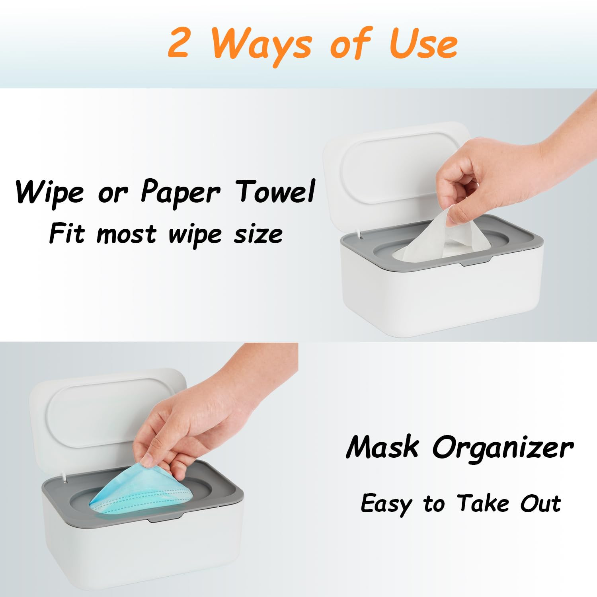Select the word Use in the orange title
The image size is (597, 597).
[x=423, y=44]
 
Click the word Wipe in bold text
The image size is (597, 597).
[x=50, y=192]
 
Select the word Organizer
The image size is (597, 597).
[x=503, y=448]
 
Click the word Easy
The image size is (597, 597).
[x=386, y=504]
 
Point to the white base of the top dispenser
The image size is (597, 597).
[x=442, y=298]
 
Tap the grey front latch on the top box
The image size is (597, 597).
[x=476, y=263]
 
